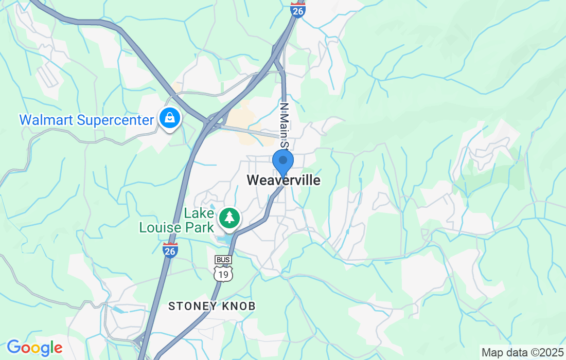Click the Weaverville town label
[284, 181]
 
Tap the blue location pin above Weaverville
[282, 161]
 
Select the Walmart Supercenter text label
[87, 120]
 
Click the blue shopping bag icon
[169, 118]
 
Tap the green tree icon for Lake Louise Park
[230, 218]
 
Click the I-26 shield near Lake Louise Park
[170, 250]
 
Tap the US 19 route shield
[223, 274]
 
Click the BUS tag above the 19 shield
[223, 260]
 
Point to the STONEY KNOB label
[212, 306]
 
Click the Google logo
[34, 348]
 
